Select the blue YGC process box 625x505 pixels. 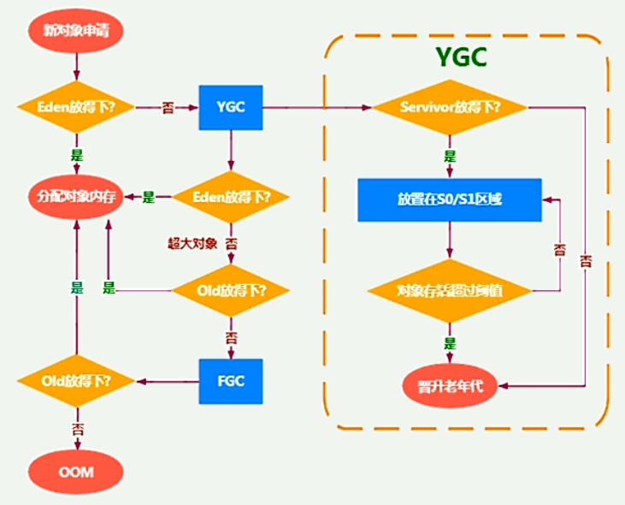point(230,108)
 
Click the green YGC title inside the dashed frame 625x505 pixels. point(462,57)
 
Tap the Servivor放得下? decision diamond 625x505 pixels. point(450,108)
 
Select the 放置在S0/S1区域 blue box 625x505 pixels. point(449,199)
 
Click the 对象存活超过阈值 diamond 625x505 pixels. point(450,289)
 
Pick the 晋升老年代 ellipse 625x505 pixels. point(450,384)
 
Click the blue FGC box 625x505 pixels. point(230,380)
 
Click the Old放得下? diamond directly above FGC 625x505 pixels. point(230,290)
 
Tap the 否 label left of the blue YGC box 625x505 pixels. point(169,108)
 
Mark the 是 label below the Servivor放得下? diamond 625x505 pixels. point(450,156)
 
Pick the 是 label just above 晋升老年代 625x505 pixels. point(450,342)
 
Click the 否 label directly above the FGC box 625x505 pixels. point(230,336)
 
